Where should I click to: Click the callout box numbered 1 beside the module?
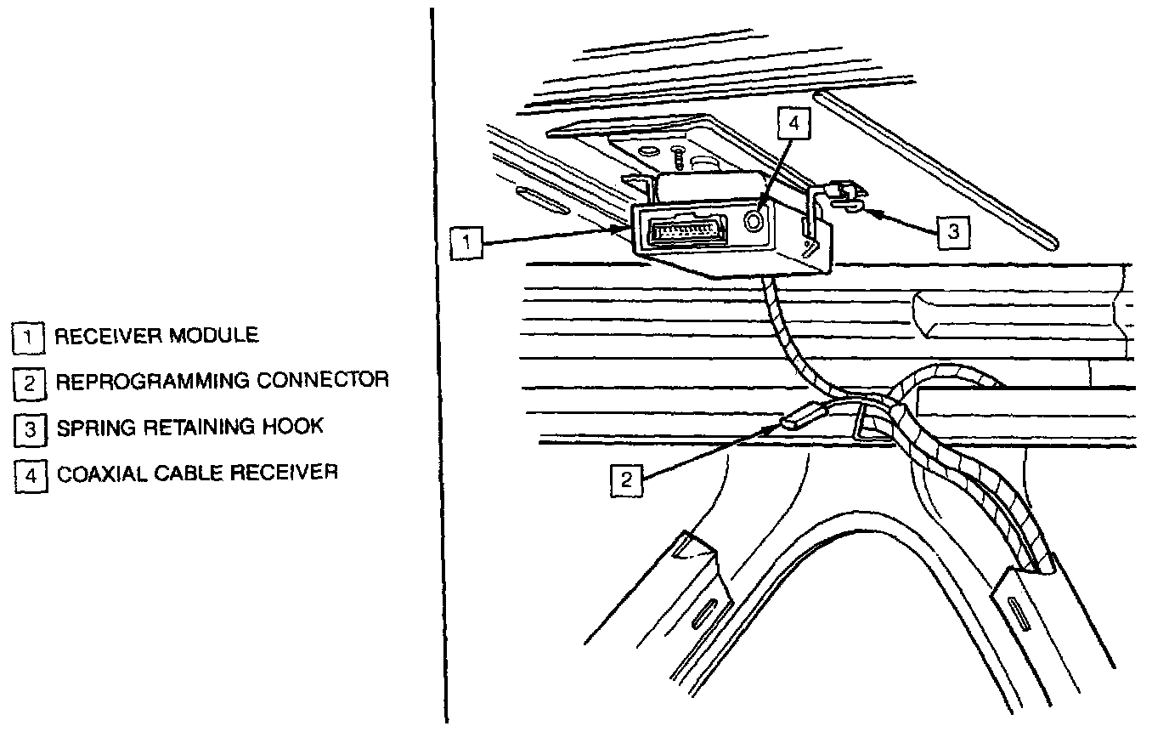(x=466, y=242)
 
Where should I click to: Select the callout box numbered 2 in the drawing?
(x=626, y=479)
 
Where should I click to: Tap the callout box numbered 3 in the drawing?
(x=953, y=230)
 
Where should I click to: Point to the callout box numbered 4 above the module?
(x=793, y=123)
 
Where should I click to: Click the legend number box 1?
(x=28, y=337)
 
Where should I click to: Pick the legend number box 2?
(x=29, y=383)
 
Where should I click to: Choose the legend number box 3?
(x=29, y=429)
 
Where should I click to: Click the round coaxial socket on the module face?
(x=754, y=221)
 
